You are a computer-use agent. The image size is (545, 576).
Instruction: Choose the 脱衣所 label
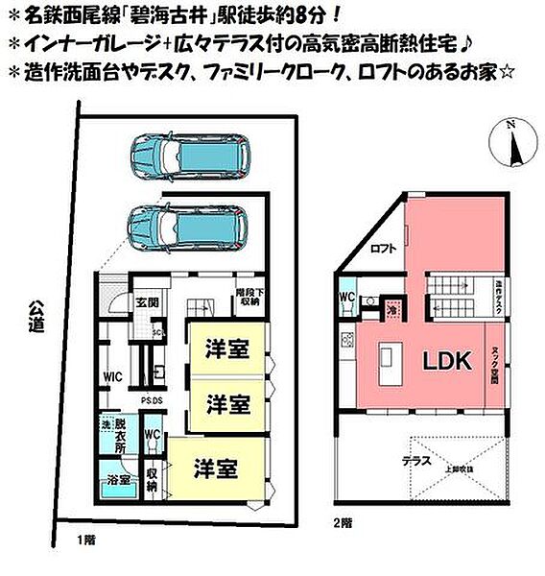[x=121, y=434]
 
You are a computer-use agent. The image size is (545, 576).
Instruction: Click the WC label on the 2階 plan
[x=347, y=298]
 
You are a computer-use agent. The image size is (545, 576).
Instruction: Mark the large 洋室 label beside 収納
[x=216, y=468]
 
